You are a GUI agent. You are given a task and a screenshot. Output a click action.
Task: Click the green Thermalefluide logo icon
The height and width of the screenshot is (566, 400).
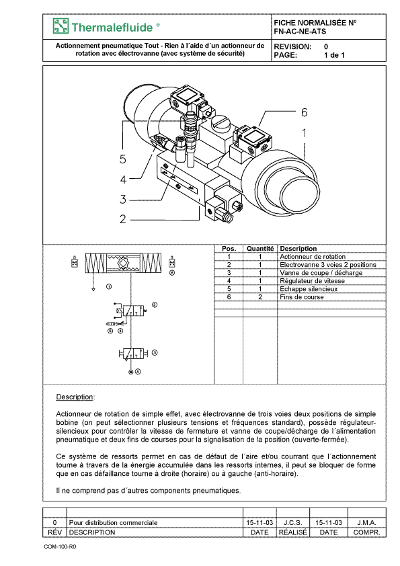point(61,26)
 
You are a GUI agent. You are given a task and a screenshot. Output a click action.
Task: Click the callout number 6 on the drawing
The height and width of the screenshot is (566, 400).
point(304,113)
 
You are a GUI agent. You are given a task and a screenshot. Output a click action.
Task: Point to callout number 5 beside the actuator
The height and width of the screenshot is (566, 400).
point(123,159)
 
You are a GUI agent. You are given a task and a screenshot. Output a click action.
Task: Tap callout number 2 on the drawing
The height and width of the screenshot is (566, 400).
point(123,219)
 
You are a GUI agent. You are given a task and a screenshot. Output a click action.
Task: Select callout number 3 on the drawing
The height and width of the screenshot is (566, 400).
point(123,199)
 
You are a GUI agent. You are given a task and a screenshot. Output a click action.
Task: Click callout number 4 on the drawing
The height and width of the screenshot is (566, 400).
point(123,179)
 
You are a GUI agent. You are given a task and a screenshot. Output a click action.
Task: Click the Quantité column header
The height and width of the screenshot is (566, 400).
point(260,249)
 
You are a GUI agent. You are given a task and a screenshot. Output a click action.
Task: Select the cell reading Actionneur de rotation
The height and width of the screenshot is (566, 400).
point(313,257)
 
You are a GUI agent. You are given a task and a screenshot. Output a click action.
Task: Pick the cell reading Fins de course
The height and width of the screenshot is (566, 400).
point(301,297)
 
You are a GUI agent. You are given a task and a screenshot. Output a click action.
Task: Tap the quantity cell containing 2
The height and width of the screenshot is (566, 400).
point(260,297)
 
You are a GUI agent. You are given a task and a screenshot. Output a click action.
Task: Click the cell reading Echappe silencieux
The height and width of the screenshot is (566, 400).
point(309,289)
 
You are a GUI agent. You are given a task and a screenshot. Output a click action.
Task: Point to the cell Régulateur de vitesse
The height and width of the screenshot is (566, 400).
point(313,281)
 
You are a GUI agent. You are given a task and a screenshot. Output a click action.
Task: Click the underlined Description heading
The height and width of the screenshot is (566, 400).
point(75,397)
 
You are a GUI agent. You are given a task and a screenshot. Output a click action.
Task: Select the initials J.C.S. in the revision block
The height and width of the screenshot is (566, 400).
point(293,523)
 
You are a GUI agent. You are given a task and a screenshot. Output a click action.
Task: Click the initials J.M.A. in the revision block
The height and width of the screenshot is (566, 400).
point(367,523)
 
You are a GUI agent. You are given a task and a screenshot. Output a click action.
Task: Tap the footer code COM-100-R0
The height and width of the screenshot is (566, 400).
point(60,547)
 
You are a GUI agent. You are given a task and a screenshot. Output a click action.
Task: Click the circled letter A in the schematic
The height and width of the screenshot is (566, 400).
point(138,372)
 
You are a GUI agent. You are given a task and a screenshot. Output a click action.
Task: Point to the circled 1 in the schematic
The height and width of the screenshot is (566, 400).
point(109,286)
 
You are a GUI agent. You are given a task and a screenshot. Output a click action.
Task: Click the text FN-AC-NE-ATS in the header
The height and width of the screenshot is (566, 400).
point(300,32)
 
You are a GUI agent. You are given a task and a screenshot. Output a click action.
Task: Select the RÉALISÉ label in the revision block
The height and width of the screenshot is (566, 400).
point(293,532)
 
